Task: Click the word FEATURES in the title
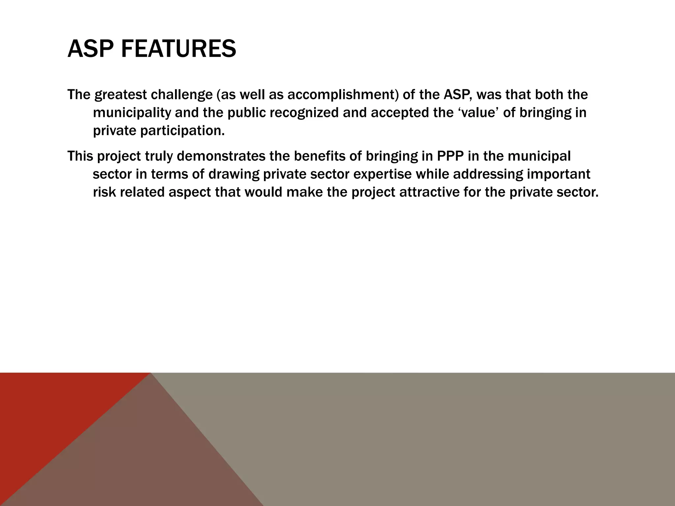pyautogui.click(x=178, y=49)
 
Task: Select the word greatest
pyautogui.click(x=121, y=95)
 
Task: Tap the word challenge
pyautogui.click(x=182, y=95)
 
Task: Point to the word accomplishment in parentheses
pyautogui.click(x=341, y=95)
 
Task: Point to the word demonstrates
pyautogui.click(x=221, y=156)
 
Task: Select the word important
pyautogui.click(x=559, y=174)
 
